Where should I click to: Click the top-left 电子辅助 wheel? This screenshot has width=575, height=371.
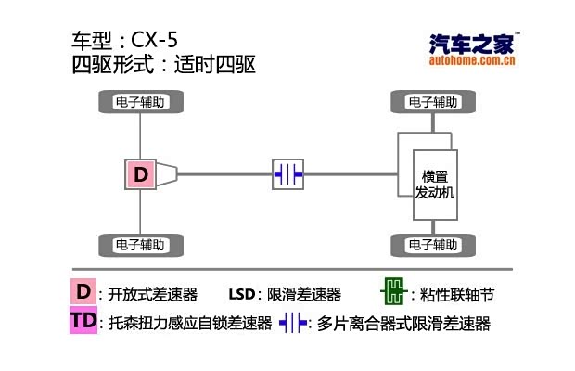pos(139,101)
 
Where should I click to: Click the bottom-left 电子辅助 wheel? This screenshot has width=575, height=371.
pos(139,246)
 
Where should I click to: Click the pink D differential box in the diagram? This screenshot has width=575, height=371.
pos(140,173)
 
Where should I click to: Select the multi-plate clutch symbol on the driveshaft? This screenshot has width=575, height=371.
pos(288,173)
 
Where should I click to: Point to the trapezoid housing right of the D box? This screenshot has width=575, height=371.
pos(167,173)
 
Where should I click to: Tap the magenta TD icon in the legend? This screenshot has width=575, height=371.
pos(83,322)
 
